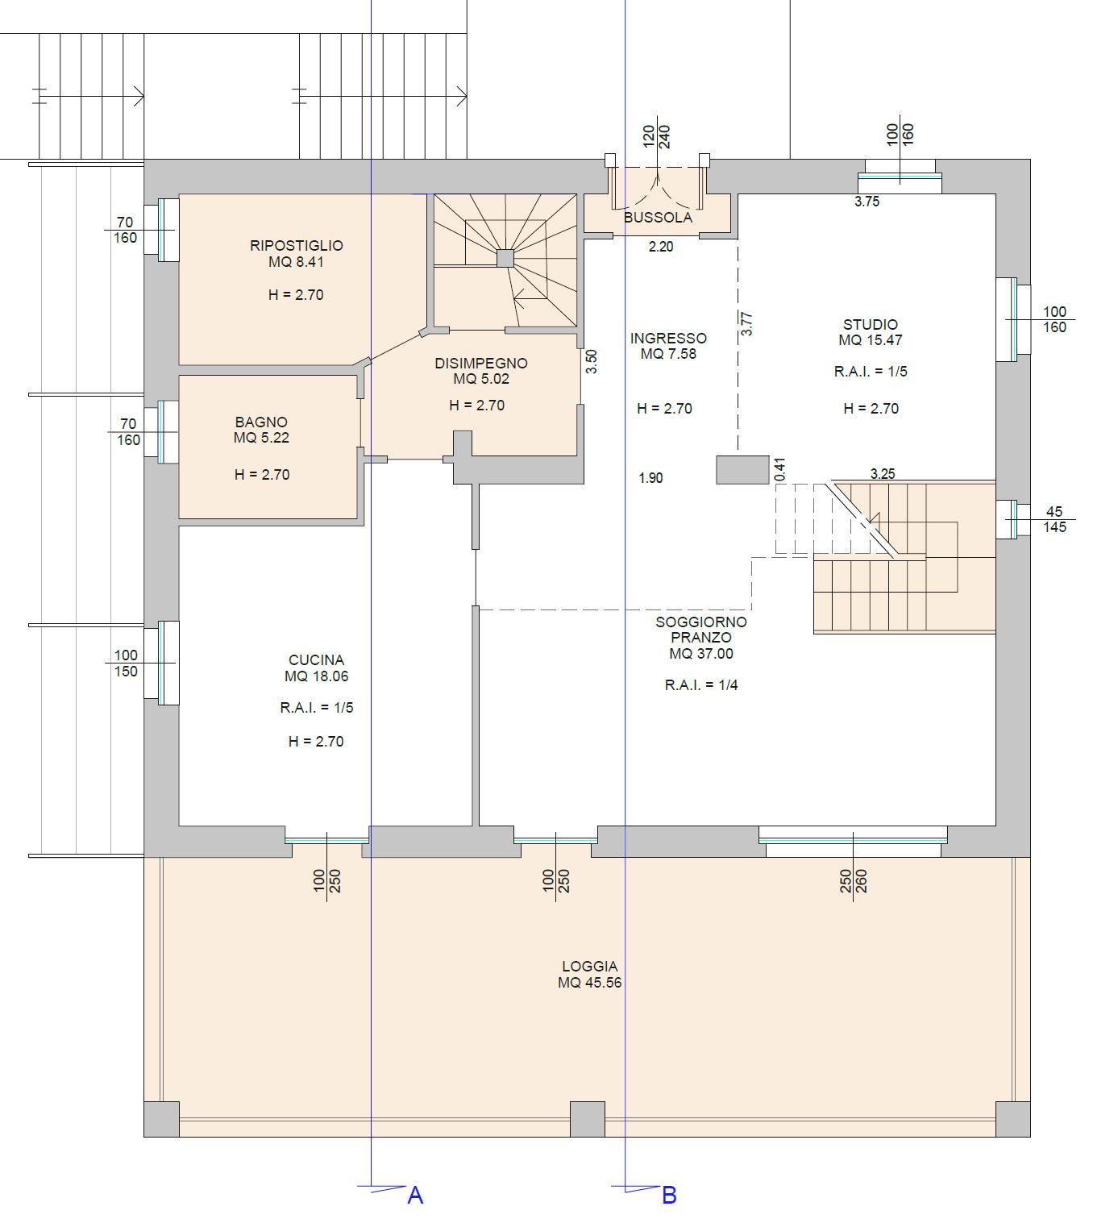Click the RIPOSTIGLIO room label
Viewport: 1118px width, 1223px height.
tap(297, 246)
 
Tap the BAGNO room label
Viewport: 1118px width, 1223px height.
tap(261, 422)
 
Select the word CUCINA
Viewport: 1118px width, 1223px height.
tap(317, 659)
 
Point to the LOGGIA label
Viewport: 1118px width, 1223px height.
tap(589, 967)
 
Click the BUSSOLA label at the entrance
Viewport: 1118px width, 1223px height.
tap(658, 218)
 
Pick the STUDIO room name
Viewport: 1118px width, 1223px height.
tap(870, 324)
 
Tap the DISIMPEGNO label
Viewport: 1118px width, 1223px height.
tap(481, 364)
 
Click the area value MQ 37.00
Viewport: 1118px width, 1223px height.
tap(701, 654)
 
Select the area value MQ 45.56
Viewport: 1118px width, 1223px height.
tap(589, 983)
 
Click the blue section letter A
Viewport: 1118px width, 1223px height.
tap(415, 1196)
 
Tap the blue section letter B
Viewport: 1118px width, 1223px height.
tap(669, 1196)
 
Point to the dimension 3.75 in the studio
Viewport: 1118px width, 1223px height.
tap(867, 202)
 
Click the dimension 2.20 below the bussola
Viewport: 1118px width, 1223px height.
tap(661, 247)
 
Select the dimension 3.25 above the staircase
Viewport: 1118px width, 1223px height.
tap(883, 474)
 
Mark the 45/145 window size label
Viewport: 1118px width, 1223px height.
tap(1054, 519)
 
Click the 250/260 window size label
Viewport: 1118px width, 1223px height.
tap(853, 881)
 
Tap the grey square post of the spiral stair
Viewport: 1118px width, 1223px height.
tap(505, 259)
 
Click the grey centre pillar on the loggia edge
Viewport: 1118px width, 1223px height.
tap(588, 1119)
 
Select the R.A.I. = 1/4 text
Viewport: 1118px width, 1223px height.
tap(701, 685)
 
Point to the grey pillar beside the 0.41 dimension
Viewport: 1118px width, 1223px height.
tap(742, 470)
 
